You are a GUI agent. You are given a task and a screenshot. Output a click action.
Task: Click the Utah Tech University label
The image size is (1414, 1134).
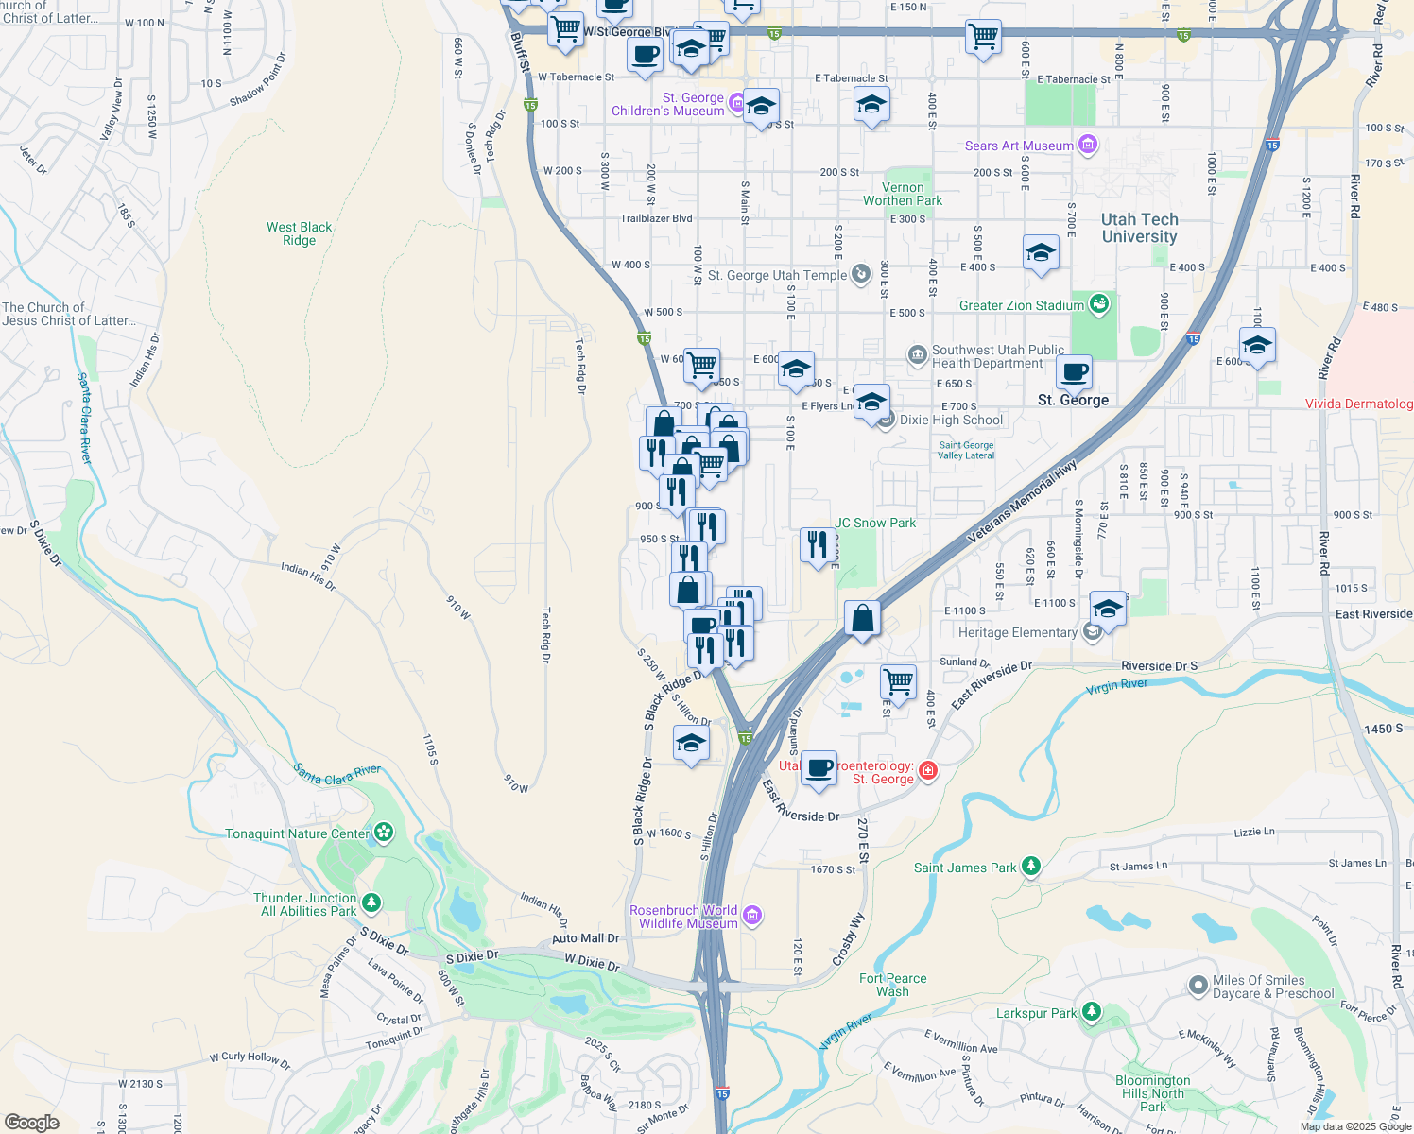pos(1139,228)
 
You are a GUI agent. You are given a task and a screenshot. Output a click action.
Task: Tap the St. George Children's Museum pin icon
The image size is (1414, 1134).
pos(736,101)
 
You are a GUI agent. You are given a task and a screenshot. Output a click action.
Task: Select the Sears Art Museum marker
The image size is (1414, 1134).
pos(1088,145)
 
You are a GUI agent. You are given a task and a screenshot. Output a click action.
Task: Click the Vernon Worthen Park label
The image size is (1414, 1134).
pos(902,195)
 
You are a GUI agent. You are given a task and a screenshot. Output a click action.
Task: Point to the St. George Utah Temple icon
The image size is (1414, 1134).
pos(860,274)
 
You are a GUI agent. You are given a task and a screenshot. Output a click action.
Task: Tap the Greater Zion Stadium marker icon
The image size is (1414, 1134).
pos(1098,304)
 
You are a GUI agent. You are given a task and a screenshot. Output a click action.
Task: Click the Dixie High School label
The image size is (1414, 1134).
pos(951,421)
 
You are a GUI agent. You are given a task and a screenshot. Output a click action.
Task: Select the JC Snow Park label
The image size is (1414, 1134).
pos(875,523)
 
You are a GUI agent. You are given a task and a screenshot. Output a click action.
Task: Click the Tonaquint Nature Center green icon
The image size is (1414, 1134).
pos(383,833)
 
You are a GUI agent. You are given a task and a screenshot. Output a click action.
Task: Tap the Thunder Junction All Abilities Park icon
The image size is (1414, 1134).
pos(371,903)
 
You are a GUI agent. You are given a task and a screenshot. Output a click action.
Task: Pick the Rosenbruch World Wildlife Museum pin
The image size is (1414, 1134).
pos(752,915)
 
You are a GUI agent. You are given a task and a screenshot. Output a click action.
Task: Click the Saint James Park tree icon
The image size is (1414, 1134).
pos(1031,866)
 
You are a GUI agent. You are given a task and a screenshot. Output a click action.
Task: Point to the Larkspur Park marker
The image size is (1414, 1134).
pos(1092,1012)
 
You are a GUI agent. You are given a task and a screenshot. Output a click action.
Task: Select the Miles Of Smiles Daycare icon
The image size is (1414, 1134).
pos(1198,987)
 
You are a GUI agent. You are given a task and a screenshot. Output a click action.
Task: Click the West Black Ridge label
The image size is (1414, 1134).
pos(299,233)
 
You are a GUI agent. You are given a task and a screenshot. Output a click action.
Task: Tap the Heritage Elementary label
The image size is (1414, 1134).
pos(1017,632)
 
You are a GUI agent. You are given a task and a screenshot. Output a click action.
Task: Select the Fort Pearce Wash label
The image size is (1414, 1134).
pos(892,985)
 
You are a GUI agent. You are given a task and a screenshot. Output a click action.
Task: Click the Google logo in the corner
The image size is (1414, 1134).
pos(32,1122)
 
